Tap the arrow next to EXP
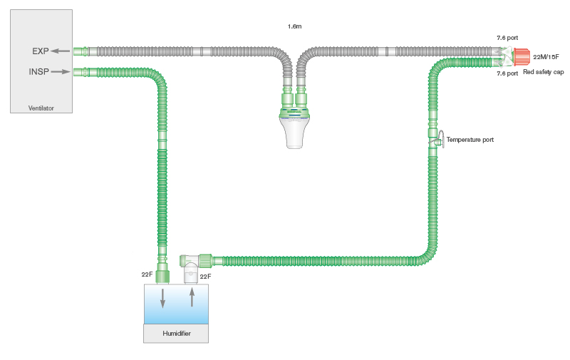coord(61,51)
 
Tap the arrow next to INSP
coord(61,71)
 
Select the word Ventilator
coord(41,108)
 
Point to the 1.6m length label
coord(294,26)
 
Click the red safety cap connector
coord(520,56)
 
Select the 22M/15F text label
coord(546,56)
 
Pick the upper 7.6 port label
coord(507,37)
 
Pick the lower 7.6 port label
coord(507,73)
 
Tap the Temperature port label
coord(470,140)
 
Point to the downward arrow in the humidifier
coord(163,298)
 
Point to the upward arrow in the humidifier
coord(191,296)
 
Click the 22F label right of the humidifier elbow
coord(205,277)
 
